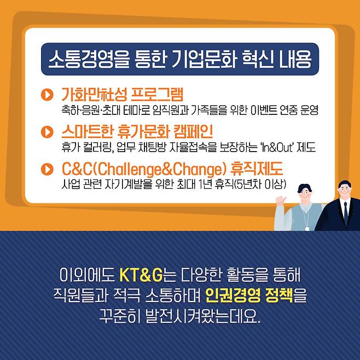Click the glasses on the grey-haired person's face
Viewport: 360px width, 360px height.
coord(305,193)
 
